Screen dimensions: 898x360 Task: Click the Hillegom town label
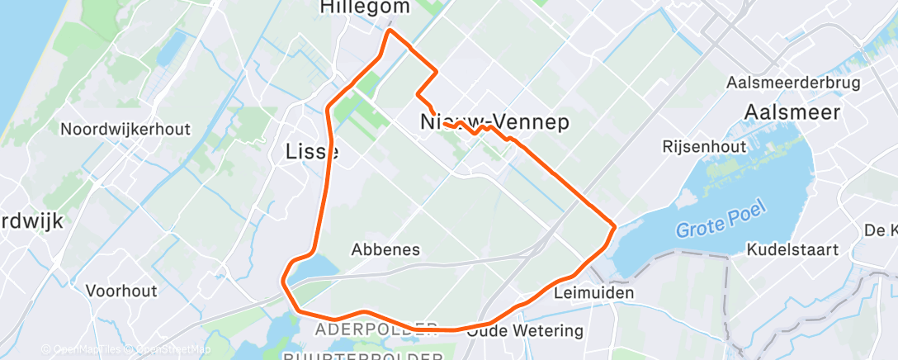364,7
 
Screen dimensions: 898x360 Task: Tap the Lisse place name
311,152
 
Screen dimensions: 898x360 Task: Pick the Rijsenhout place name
703,146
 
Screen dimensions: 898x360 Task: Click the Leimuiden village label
594,293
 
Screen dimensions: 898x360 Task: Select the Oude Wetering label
524,331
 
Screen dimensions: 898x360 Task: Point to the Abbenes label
385,249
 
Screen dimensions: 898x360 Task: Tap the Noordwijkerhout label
125,130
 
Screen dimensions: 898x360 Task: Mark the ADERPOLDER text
376,330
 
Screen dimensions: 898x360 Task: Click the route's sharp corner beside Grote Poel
615,225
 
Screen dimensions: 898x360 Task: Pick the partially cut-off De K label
881,229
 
